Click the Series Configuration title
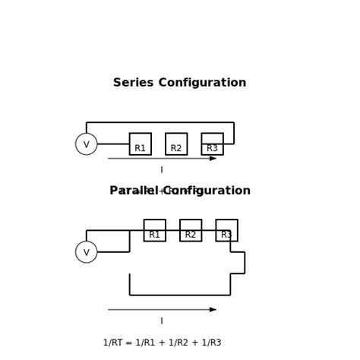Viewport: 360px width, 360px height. click(179, 83)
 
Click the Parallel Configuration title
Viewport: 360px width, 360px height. click(179, 191)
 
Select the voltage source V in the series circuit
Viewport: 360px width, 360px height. click(87, 144)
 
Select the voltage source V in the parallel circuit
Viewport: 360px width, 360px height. click(87, 252)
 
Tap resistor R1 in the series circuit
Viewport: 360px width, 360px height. click(141, 144)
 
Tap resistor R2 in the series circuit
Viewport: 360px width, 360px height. click(176, 144)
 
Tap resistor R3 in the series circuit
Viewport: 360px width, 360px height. click(213, 144)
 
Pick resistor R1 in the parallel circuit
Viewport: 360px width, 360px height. click(155, 231)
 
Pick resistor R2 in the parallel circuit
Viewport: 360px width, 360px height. click(191, 231)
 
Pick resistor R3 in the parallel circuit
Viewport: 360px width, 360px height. click(226, 231)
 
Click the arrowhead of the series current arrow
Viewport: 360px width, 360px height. click(213, 159)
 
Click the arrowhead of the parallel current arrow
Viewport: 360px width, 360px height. click(213, 310)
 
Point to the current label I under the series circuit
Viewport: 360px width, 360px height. click(162, 170)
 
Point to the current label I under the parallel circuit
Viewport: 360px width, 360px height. click(162, 321)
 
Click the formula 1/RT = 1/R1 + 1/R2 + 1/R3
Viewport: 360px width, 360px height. click(162, 343)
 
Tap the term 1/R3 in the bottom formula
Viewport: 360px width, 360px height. click(210, 343)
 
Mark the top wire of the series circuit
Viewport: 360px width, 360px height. click(160, 122)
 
